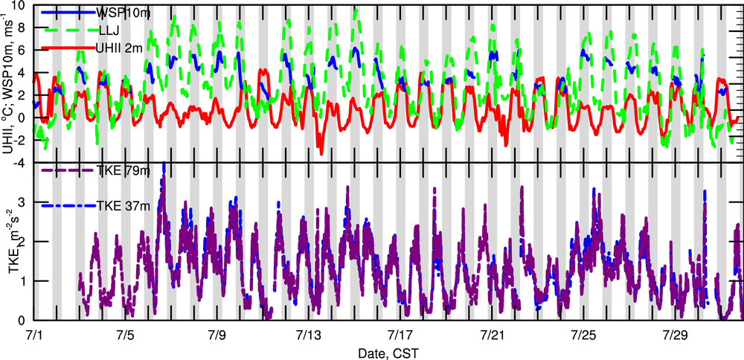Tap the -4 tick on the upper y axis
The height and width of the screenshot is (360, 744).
point(22,162)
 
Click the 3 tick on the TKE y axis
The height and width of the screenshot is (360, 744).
point(24,202)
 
